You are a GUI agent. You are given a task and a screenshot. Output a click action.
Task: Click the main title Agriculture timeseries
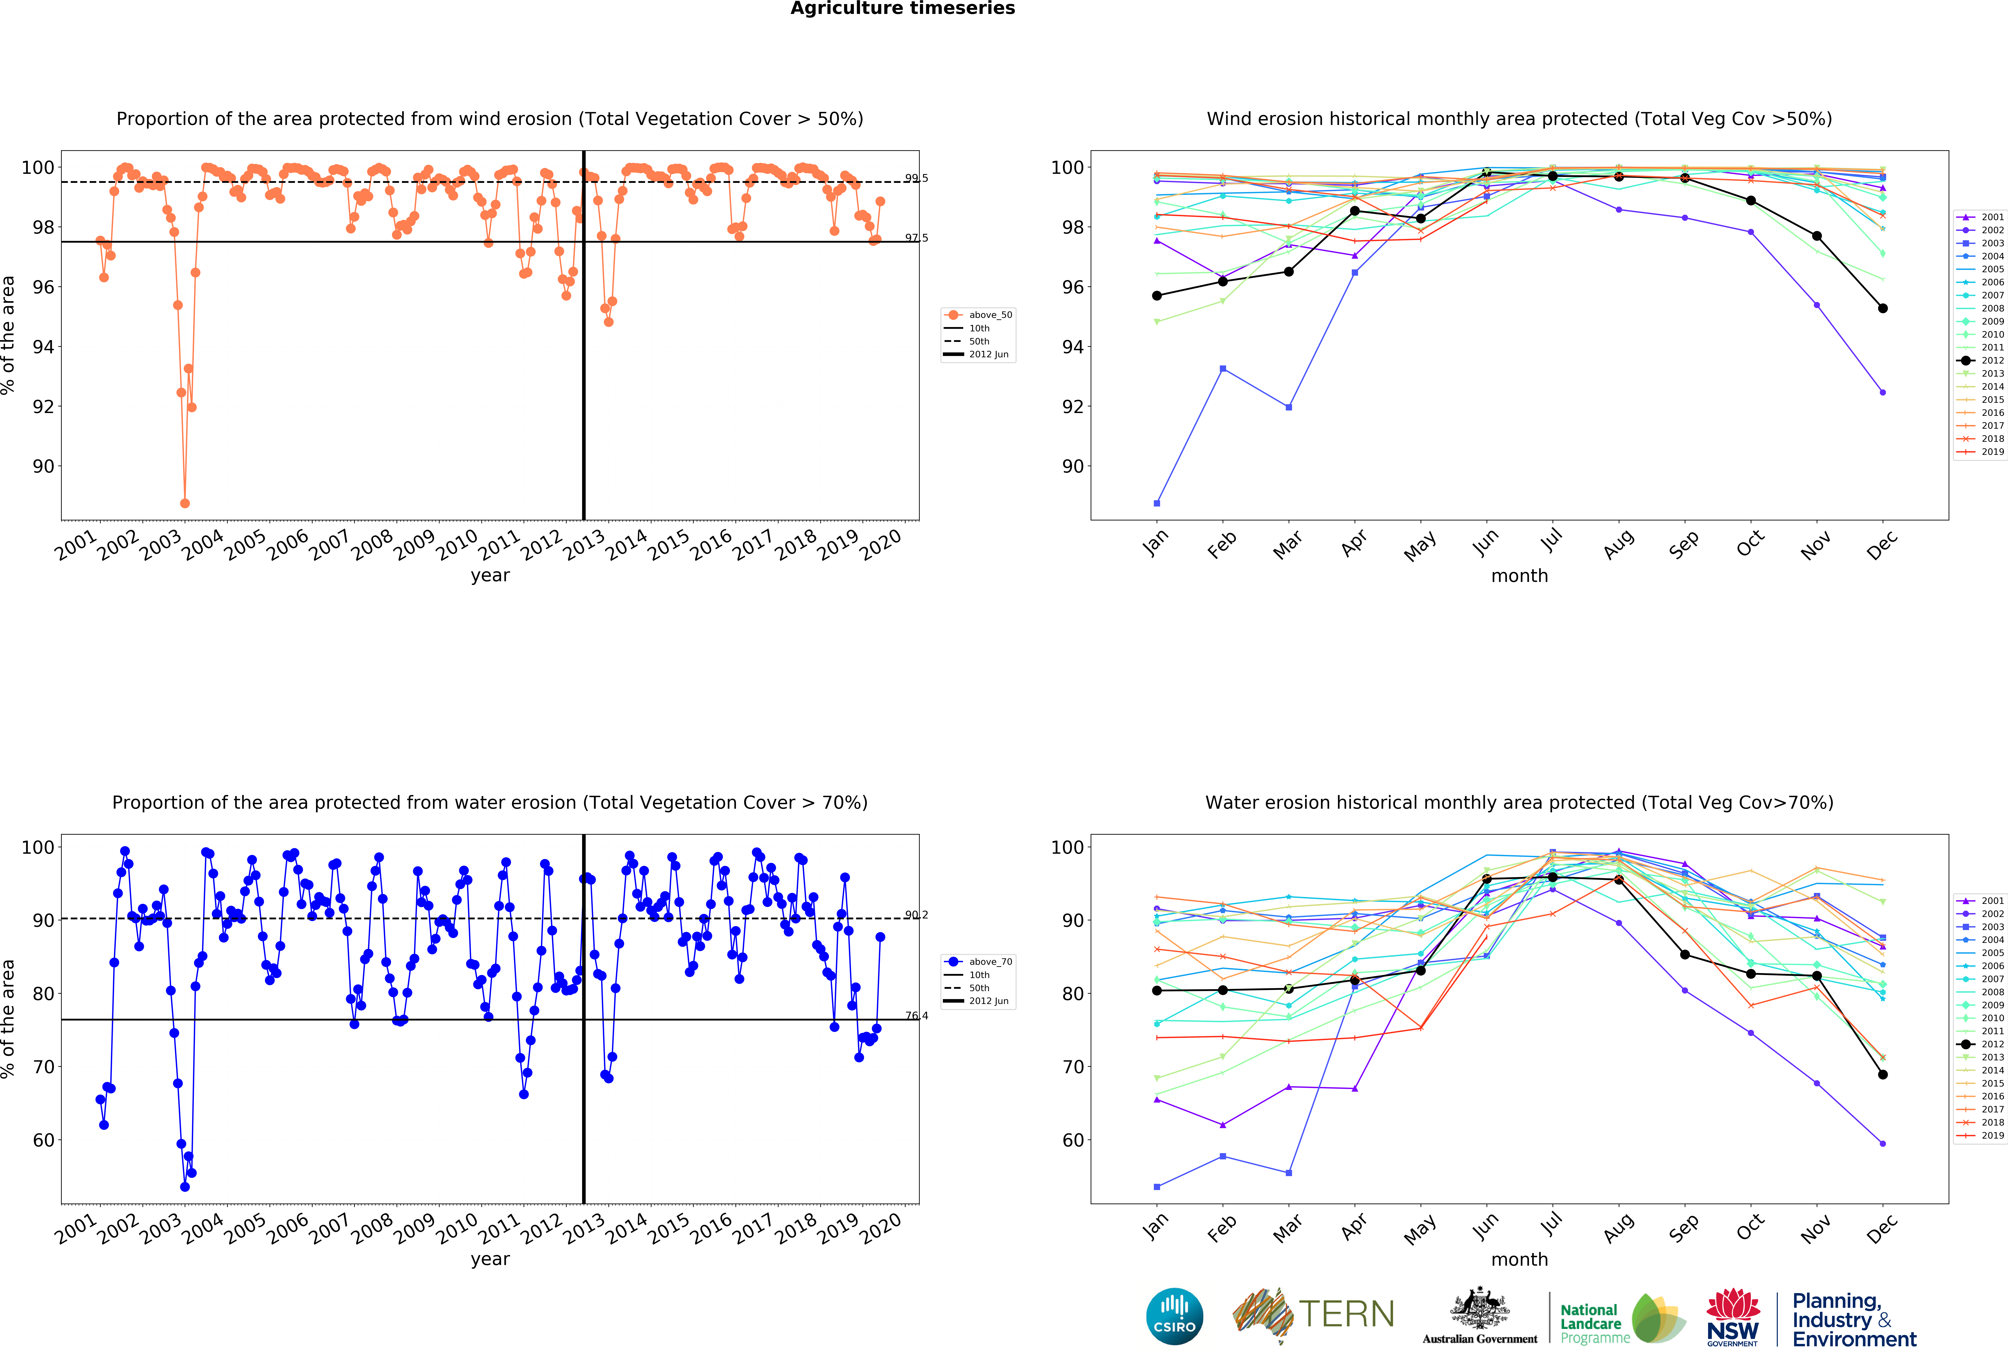click(902, 9)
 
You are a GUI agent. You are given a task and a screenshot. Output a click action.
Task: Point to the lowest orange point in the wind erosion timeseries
click(185, 503)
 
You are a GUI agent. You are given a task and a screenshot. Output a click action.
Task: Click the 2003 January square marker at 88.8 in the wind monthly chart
click(1157, 503)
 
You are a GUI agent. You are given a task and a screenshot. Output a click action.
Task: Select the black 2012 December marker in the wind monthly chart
click(1883, 308)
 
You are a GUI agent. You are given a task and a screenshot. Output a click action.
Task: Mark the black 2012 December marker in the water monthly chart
click(1883, 1074)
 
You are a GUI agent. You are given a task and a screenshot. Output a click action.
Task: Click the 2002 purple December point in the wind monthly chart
click(1883, 392)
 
